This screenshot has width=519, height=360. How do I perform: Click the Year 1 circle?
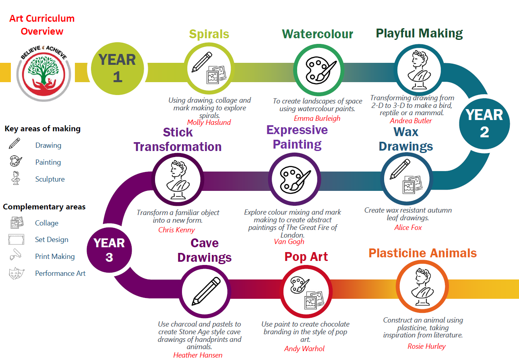118,68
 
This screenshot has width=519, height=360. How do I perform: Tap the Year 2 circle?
484,124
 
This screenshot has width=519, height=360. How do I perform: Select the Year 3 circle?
110,250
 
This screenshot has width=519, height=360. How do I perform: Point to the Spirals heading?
209,34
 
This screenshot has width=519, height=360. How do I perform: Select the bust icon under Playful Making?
419,70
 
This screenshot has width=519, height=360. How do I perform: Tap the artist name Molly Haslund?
209,122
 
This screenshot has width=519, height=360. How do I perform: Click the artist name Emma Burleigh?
317,118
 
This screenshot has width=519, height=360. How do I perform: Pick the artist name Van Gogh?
289,242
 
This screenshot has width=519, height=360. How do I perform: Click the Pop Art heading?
306,257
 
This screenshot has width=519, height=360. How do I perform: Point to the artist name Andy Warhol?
304,349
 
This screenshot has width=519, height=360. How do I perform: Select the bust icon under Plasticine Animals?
422,287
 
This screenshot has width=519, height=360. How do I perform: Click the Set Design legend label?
52,240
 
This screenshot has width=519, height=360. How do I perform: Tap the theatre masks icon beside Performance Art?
17,273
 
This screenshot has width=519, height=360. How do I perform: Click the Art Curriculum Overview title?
42,25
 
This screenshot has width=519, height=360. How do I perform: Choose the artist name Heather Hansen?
198,355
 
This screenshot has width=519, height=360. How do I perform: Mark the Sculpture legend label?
50,179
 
